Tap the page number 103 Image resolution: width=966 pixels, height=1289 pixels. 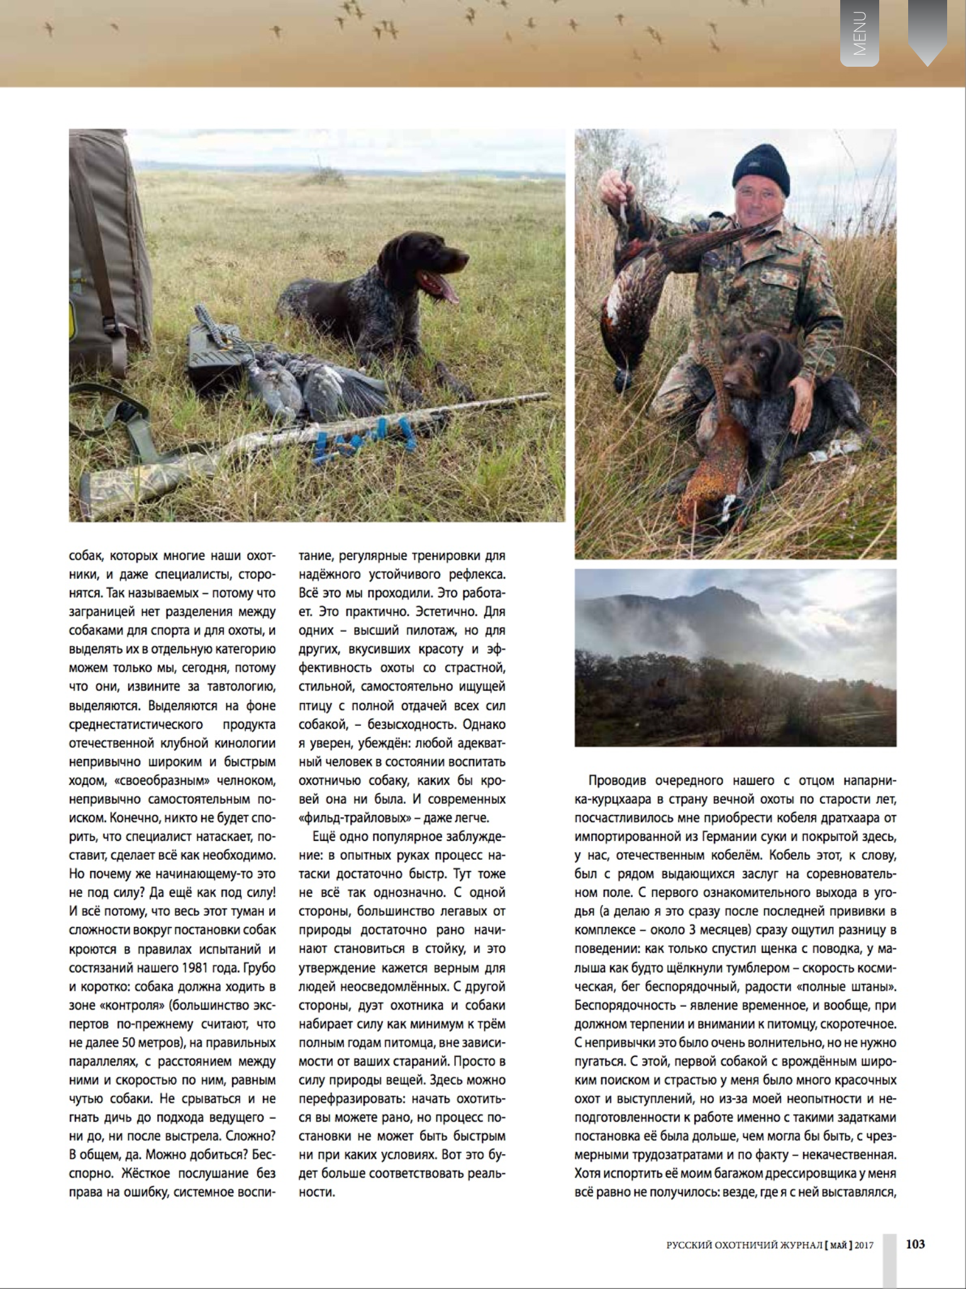(x=915, y=1244)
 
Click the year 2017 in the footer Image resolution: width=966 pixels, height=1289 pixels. (x=863, y=1245)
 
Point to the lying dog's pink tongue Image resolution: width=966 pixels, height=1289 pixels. (x=447, y=290)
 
